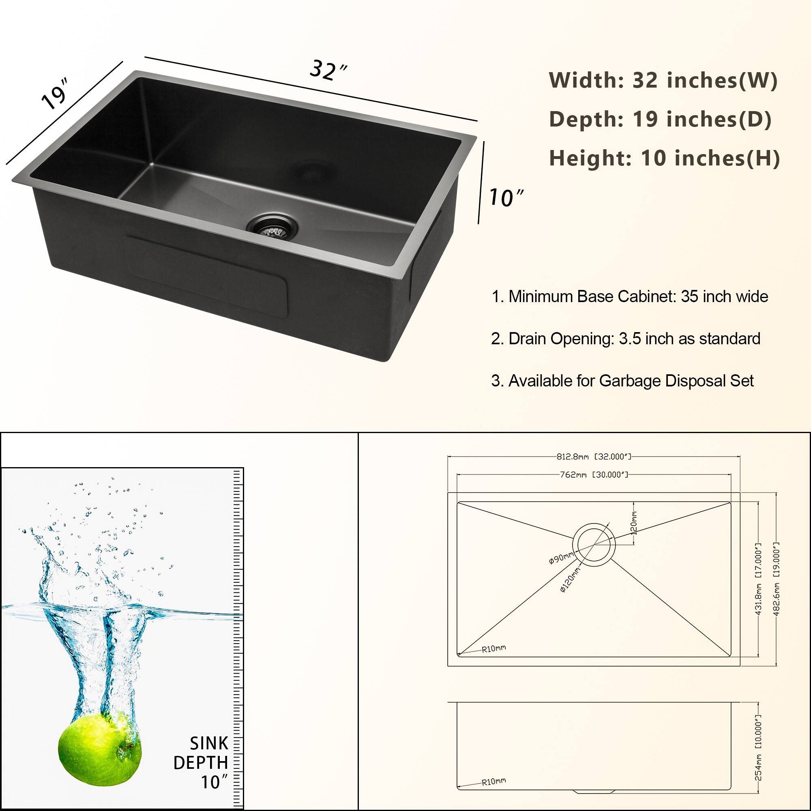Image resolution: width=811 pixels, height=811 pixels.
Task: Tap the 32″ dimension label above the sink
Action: (x=328, y=70)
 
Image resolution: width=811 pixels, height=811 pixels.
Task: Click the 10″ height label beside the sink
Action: (x=506, y=198)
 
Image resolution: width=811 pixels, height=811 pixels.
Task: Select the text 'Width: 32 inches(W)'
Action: (x=663, y=80)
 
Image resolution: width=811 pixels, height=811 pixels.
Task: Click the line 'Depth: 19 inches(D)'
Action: (x=660, y=119)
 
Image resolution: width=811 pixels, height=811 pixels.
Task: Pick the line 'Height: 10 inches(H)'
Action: (x=665, y=158)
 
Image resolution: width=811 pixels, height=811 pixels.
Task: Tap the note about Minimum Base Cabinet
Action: (x=630, y=296)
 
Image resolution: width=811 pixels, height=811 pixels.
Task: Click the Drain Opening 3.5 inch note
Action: (x=625, y=339)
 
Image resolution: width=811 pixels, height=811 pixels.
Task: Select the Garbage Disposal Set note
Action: (x=622, y=381)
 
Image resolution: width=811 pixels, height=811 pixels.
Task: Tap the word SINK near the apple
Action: (x=208, y=743)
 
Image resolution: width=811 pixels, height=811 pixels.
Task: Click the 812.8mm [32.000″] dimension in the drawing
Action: (x=594, y=456)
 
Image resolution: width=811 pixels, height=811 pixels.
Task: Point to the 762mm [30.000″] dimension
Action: (x=594, y=475)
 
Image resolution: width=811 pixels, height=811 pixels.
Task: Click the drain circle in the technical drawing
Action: (x=594, y=544)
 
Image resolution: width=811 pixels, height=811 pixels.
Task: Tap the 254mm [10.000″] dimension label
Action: (x=759, y=754)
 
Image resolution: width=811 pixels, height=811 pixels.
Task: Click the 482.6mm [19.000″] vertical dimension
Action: (x=777, y=579)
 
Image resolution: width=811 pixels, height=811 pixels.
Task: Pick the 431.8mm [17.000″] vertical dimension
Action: (x=759, y=579)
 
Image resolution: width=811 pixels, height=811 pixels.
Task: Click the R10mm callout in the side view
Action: (x=493, y=782)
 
